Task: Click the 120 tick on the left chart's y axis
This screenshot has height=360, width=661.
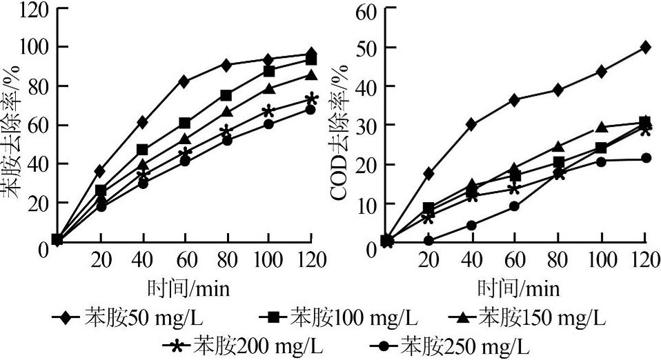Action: click(x=35, y=8)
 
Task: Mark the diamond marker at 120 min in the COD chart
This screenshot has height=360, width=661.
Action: click(x=645, y=47)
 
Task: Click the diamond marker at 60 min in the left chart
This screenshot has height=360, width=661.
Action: click(x=184, y=81)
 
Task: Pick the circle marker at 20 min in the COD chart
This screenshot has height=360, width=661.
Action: click(x=428, y=241)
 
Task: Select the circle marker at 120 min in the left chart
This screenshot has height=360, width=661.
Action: click(x=310, y=109)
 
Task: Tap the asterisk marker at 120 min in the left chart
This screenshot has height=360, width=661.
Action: click(x=312, y=99)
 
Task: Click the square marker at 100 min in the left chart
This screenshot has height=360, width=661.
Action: click(x=269, y=72)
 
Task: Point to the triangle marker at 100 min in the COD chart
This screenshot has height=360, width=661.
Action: click(x=602, y=127)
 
